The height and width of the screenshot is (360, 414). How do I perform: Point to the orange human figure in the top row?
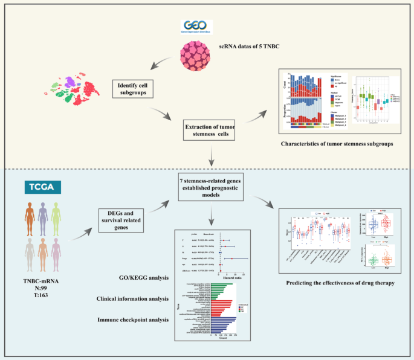[30, 219]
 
